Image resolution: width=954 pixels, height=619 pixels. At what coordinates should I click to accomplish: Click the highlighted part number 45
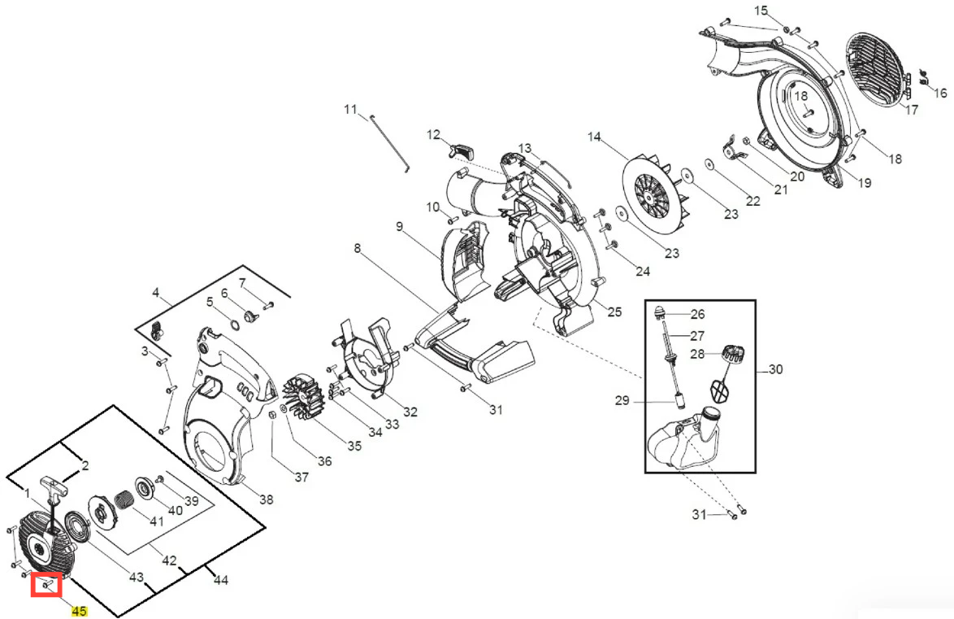(79, 611)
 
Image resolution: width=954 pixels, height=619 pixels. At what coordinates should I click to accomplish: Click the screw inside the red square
(47, 586)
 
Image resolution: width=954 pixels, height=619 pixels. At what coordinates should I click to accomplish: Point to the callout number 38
(266, 499)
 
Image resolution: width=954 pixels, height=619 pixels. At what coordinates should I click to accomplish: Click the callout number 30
(775, 369)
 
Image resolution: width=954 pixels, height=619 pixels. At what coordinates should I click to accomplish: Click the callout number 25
(614, 312)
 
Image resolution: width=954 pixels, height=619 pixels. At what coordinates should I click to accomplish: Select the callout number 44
(221, 580)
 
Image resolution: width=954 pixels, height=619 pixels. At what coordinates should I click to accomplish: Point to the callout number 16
(940, 93)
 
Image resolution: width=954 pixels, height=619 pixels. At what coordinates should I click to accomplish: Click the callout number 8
(358, 248)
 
